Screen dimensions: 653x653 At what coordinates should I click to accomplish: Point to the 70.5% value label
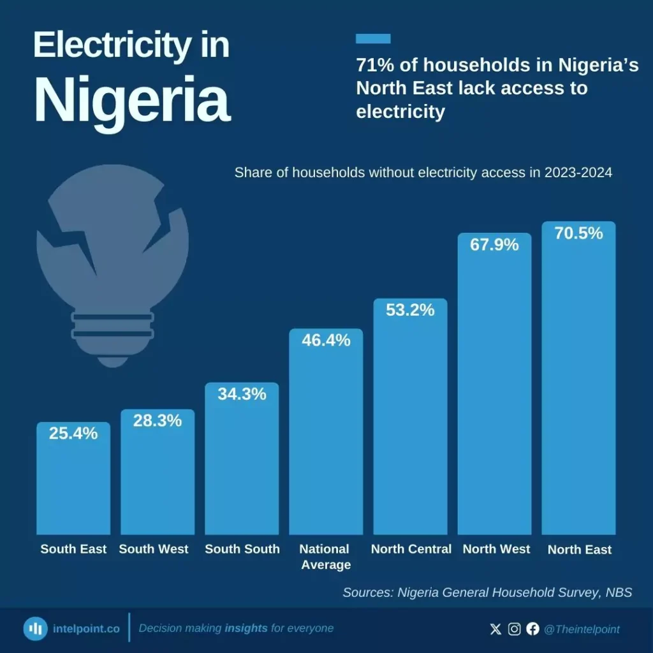[578, 233]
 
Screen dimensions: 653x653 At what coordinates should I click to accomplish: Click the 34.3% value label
[242, 394]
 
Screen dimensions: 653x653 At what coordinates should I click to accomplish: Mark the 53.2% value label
[410, 310]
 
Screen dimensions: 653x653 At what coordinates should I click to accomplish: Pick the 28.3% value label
[158, 421]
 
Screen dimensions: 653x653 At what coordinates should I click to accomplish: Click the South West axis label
[154, 549]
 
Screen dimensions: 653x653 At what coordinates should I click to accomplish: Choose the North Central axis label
[411, 549]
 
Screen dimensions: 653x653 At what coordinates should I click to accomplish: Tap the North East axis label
[579, 550]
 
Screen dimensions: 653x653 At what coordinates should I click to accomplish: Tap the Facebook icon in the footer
[532, 629]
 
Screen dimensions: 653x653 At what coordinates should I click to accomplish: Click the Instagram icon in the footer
[514, 629]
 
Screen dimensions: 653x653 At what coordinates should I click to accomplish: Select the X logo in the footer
[495, 629]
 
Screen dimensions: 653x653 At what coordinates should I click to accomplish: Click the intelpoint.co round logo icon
[35, 629]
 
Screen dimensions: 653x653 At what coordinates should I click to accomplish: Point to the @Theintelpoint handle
[582, 629]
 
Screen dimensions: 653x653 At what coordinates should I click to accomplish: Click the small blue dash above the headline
[373, 39]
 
